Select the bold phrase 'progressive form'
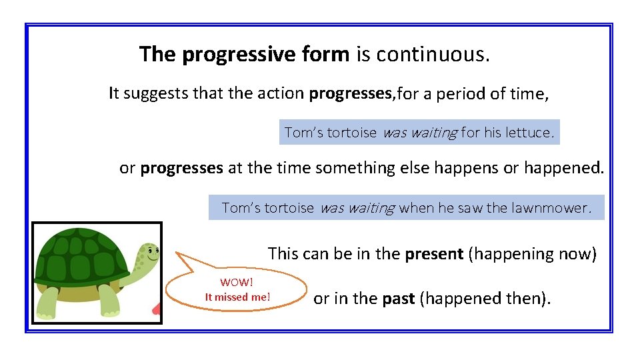point(265,55)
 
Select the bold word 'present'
point(435,254)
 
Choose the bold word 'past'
point(398,299)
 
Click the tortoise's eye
point(151,252)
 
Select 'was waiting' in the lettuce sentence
point(419,133)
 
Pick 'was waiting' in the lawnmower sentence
point(357,208)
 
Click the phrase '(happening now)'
point(533,254)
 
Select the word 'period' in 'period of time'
point(467,94)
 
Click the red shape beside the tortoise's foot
point(157,309)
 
